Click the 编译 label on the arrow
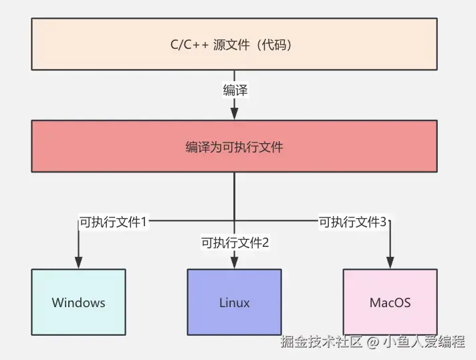[x=235, y=90]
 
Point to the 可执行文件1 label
[x=112, y=221]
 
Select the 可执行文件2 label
[x=235, y=242]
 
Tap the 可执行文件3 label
[x=353, y=221]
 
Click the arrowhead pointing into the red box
[x=235, y=114]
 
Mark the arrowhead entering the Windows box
[x=78, y=263]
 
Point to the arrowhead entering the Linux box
[x=235, y=263]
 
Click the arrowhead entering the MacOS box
[x=390, y=263]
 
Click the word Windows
[x=78, y=302]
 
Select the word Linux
[x=234, y=302]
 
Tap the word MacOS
[x=390, y=302]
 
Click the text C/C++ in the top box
[x=190, y=45]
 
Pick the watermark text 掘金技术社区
[x=322, y=341]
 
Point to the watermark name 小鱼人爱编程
[x=424, y=341]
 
